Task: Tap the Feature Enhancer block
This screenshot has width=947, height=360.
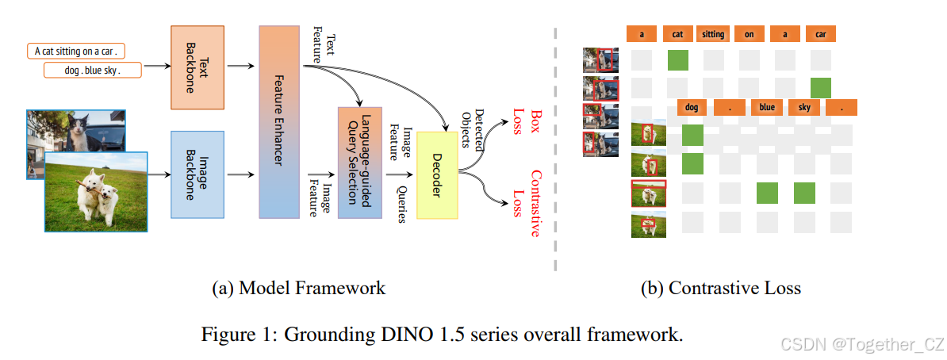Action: (282, 121)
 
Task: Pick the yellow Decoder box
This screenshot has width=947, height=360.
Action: (437, 174)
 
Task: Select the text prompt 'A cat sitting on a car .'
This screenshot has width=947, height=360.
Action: (76, 52)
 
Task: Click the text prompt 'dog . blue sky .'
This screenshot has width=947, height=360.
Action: (94, 71)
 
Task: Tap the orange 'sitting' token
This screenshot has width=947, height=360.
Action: (713, 34)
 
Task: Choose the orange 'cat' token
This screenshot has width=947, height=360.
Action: (677, 34)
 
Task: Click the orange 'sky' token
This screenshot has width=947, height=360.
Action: (804, 107)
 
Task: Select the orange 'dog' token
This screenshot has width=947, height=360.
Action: (692, 107)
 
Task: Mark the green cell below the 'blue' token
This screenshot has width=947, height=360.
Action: (767, 193)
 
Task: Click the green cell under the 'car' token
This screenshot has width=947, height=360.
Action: (820, 88)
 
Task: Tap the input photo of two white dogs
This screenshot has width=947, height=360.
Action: (95, 193)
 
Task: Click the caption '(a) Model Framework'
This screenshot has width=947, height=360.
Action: (298, 288)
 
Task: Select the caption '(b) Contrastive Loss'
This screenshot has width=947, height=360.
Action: (720, 288)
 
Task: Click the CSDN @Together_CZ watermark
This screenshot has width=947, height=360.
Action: (862, 344)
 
